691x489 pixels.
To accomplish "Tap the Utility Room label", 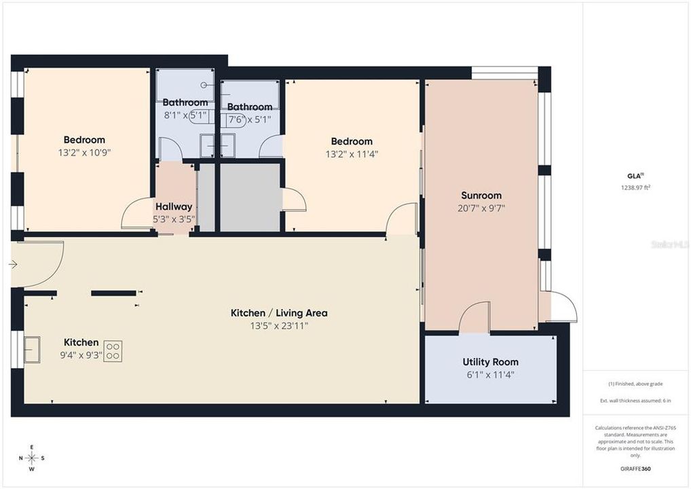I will [x=490, y=362].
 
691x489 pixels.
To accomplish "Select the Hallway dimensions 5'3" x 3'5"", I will [x=174, y=219].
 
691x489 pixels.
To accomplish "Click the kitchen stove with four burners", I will [x=113, y=351].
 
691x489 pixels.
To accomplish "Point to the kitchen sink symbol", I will [x=32, y=349].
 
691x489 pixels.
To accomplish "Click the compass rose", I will [x=31, y=457].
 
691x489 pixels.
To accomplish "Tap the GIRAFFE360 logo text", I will [x=636, y=469].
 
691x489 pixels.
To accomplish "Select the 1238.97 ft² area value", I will [x=636, y=188].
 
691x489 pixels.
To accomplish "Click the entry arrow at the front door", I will [x=14, y=264].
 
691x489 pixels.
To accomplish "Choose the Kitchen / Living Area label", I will [x=279, y=313].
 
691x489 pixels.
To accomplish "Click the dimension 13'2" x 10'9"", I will [x=84, y=153].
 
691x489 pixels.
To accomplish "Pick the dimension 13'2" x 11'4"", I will [x=352, y=154].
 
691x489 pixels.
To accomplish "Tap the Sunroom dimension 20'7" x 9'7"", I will [x=481, y=208].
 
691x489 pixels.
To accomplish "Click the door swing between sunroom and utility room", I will [x=474, y=317].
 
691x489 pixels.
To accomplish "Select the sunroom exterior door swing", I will [x=562, y=307].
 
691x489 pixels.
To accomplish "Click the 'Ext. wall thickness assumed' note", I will [x=636, y=401].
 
